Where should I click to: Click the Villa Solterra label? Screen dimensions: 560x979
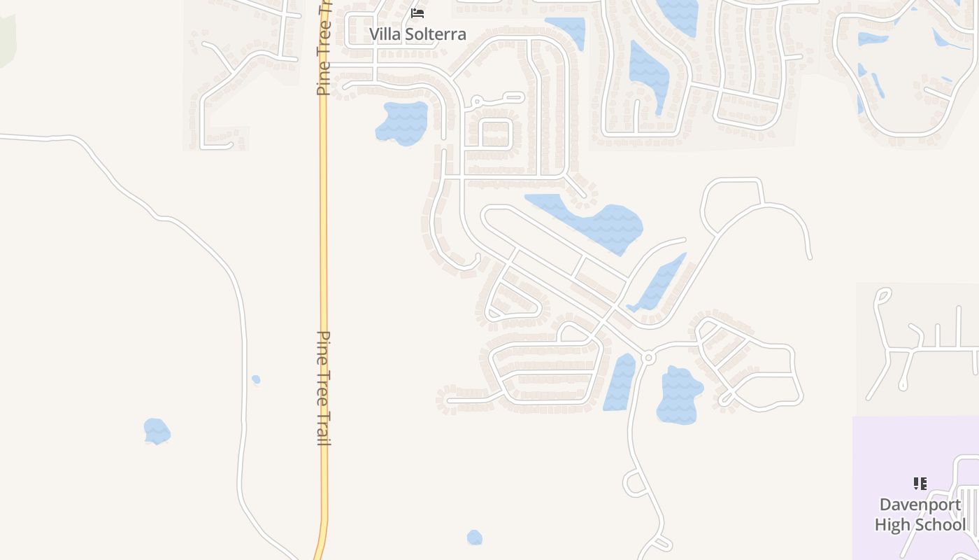point(417,34)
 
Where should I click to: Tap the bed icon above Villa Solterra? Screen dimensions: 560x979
point(417,13)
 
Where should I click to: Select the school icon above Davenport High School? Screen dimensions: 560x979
point(920,483)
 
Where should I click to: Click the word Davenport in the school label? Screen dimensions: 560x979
point(920,505)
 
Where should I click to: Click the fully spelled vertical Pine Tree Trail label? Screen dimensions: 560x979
point(324,388)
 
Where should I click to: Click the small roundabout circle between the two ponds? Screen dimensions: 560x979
point(648,358)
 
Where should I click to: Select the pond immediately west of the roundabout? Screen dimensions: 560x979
point(620,381)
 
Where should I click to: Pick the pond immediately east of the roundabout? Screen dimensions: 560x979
point(678,395)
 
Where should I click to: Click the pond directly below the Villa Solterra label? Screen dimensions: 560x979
point(402,123)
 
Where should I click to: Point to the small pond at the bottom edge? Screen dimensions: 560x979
point(474,538)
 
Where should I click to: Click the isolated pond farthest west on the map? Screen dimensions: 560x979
point(157,430)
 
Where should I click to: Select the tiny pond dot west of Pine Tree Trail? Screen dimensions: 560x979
point(256,379)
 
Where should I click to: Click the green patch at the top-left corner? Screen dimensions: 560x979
point(6,38)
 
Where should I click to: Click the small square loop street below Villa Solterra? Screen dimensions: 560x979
point(496,133)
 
